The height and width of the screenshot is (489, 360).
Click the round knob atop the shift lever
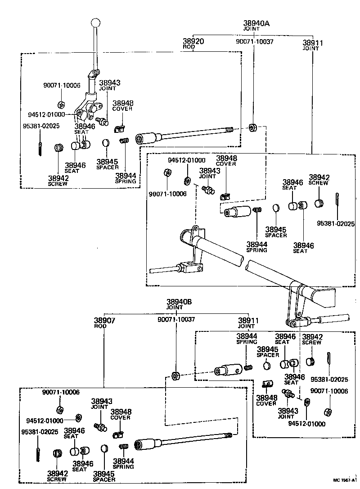tap(95, 22)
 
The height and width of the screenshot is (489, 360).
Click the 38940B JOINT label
tap(176, 304)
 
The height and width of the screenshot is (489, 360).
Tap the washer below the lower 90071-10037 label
tap(175, 375)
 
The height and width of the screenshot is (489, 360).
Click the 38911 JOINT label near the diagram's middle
tap(248, 323)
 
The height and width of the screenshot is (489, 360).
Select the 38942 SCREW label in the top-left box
tap(58, 180)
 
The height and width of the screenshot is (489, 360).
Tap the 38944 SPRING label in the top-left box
tap(125, 178)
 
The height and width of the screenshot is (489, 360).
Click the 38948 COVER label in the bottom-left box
tap(121, 414)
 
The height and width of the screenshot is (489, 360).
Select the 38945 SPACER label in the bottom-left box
tap(104, 476)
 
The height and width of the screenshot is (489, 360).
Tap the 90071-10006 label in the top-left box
tap(61, 86)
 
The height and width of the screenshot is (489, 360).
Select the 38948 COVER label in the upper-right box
tap(226, 161)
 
